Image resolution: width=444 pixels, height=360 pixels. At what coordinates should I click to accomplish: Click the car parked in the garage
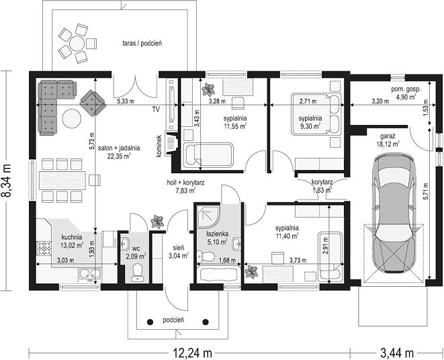pyautogui.click(x=394, y=214)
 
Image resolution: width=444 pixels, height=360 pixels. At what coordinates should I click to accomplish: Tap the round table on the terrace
pyautogui.click(x=77, y=44)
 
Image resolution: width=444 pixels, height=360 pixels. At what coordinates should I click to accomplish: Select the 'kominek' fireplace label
pyautogui.click(x=159, y=146)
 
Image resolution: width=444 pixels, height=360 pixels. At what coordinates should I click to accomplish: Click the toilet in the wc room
pyautogui.click(x=138, y=273)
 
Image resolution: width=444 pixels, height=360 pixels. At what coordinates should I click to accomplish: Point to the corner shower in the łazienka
pyautogui.click(x=208, y=216)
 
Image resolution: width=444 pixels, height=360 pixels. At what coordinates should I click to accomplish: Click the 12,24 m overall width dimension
pyautogui.click(x=192, y=353)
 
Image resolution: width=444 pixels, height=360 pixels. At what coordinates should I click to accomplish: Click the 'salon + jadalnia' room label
pyautogui.click(x=119, y=148)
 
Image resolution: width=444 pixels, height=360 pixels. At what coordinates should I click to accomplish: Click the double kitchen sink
pyautogui.click(x=90, y=274)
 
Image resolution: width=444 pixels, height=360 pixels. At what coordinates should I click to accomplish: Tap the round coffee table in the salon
pyautogui.click(x=72, y=118)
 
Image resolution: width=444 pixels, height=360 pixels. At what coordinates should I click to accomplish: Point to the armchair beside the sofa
pyautogui.click(x=93, y=103)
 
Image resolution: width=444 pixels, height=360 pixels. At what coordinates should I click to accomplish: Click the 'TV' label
pyautogui.click(x=155, y=109)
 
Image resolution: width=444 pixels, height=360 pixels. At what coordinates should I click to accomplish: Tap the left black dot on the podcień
pyautogui.click(x=150, y=322)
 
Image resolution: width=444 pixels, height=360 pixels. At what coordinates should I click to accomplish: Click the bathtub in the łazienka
pyautogui.click(x=218, y=274)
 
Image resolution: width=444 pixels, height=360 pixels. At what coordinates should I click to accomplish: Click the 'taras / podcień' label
pyautogui.click(x=142, y=44)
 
